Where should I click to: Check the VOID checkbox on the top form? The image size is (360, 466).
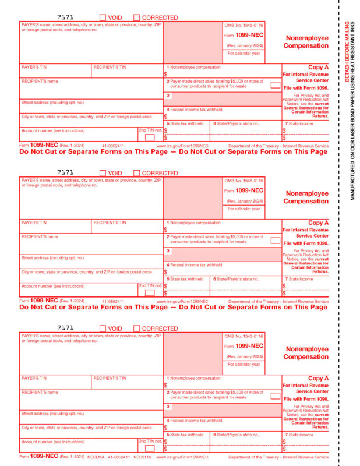103,17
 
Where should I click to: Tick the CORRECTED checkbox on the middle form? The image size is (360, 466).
137,173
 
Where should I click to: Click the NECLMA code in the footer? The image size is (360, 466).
95,457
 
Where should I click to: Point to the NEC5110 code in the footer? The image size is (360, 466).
141,457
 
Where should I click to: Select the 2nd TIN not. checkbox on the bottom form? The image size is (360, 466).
150,449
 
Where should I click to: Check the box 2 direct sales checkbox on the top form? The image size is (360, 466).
275,85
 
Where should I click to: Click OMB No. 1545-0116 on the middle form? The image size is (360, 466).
244,181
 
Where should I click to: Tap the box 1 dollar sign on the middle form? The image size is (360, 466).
165,230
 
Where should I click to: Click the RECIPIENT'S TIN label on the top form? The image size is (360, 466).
110,67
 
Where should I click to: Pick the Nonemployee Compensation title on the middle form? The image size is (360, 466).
306,197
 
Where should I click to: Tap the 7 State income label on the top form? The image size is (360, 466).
299,123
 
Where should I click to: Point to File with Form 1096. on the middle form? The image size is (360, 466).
306,243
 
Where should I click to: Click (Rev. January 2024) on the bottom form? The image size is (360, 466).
245,356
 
